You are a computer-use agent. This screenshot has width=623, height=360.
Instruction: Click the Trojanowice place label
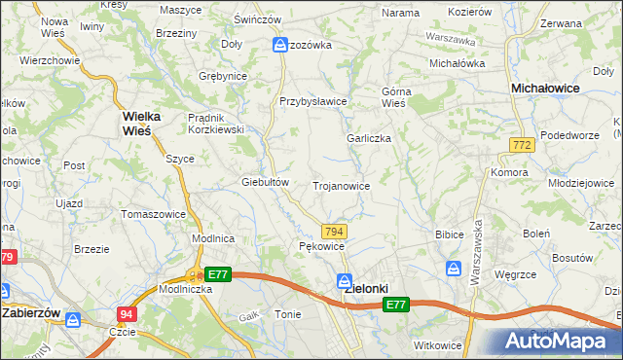click(341, 185)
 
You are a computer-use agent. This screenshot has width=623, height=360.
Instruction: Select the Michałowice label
click(547, 88)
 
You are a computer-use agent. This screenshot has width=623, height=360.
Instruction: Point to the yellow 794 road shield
click(334, 231)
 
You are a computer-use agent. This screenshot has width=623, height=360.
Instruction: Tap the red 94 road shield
click(127, 313)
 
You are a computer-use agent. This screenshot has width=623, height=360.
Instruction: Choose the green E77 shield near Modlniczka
click(217, 275)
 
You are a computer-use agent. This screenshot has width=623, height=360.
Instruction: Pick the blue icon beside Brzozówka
click(280, 45)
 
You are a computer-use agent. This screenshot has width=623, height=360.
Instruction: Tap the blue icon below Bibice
click(455, 268)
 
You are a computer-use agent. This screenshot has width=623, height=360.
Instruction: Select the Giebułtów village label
click(266, 182)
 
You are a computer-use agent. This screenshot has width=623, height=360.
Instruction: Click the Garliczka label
click(369, 138)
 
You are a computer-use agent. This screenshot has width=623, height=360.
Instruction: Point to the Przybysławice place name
click(313, 101)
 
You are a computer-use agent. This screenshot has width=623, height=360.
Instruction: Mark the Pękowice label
click(320, 247)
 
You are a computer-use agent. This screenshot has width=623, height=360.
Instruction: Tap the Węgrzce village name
click(517, 275)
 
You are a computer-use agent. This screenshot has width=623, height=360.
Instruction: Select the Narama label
click(400, 13)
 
